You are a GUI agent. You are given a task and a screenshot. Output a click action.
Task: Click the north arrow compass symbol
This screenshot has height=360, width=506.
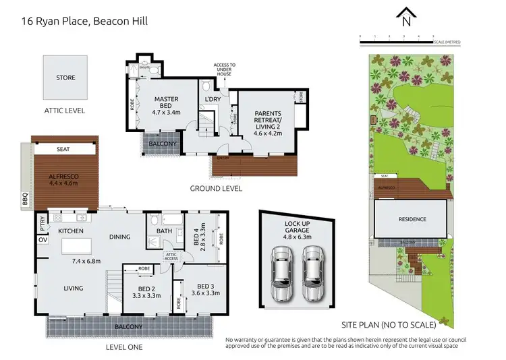click(405, 16)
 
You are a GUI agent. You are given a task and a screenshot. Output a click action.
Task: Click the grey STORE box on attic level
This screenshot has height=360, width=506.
click(65, 78)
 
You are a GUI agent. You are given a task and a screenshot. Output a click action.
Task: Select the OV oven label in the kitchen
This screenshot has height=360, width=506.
click(42, 239)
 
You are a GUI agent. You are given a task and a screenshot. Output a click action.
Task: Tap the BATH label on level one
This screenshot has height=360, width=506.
click(165, 231)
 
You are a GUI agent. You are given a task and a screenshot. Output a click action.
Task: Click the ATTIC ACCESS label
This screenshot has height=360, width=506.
click(171, 256)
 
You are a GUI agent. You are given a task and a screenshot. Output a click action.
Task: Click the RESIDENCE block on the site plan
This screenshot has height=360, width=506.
click(411, 219)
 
